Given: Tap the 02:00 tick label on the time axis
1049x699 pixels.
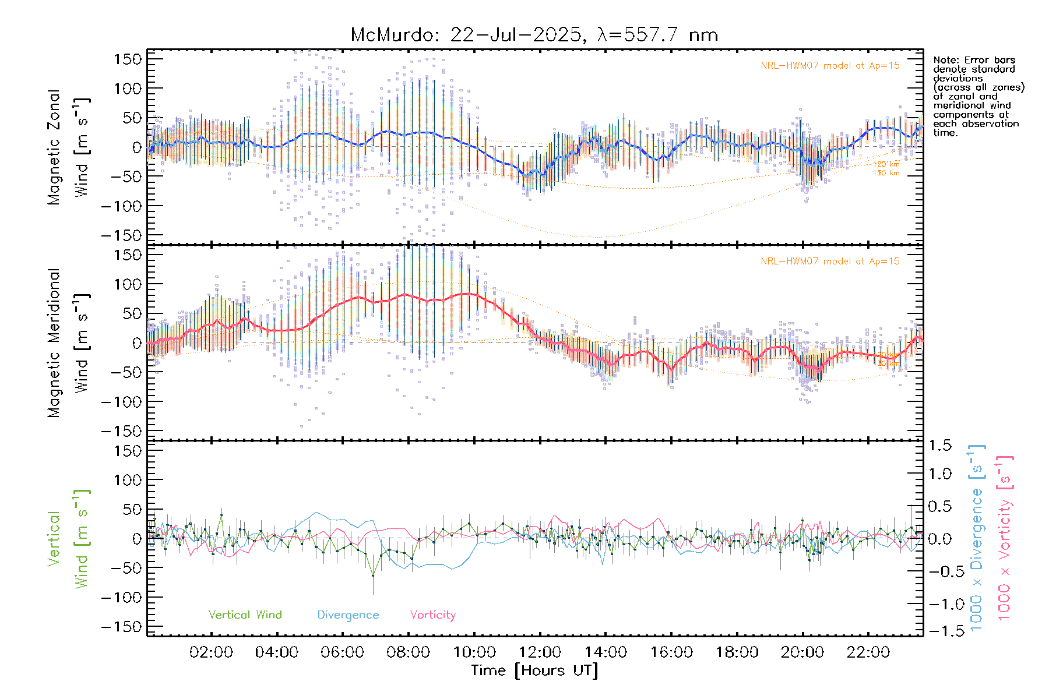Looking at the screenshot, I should [211, 652].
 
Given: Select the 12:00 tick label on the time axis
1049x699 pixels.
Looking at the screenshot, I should [540, 652].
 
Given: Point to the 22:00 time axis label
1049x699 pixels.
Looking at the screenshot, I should [868, 652].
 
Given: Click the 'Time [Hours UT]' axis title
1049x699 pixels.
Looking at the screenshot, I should [534, 670].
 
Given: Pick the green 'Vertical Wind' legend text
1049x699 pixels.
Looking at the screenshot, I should [245, 615].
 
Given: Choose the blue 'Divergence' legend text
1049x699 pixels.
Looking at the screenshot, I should [348, 615].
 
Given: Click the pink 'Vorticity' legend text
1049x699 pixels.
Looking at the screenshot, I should [432, 615].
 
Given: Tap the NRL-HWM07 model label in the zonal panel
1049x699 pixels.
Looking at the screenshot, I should [830, 66].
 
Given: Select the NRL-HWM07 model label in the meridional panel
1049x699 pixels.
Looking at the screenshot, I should [830, 262].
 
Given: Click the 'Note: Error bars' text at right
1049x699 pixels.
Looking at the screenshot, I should [974, 60].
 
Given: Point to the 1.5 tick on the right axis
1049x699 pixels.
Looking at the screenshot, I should [939, 446].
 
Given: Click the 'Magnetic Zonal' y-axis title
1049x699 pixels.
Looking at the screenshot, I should [54, 147].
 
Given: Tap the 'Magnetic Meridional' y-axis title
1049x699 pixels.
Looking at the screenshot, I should [54, 343].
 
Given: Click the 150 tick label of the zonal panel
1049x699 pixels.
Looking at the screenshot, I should [128, 59].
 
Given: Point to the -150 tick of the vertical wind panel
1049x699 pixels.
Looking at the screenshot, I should [121, 627].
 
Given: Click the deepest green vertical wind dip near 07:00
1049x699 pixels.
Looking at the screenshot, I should [373, 576].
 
